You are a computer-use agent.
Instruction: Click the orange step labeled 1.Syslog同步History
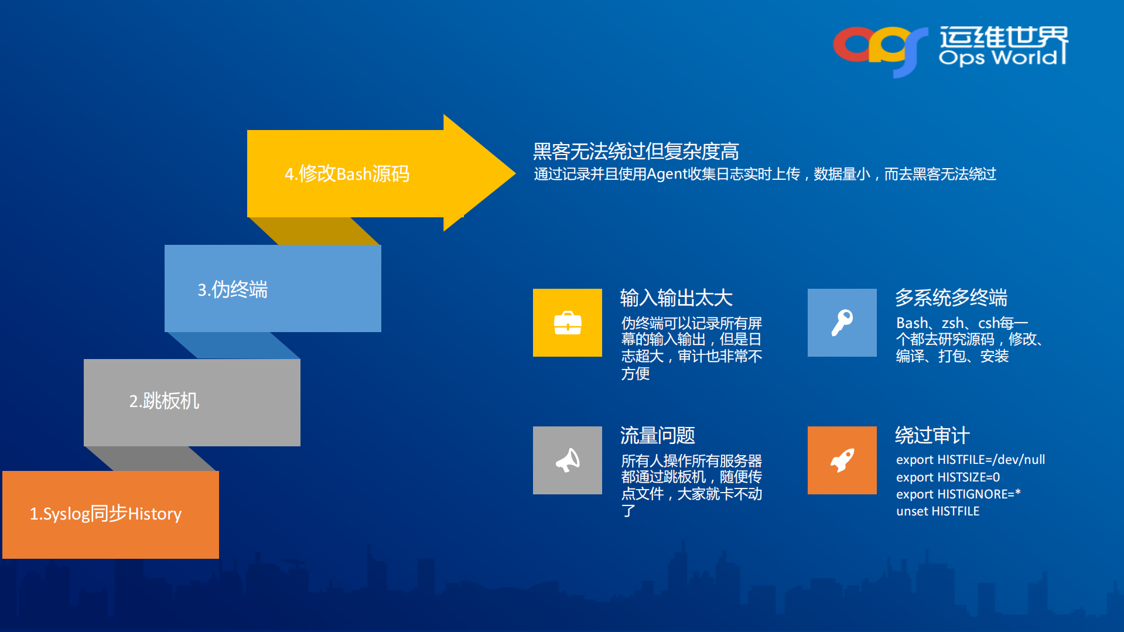click(x=111, y=514)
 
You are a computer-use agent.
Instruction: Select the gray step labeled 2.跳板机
click(x=192, y=402)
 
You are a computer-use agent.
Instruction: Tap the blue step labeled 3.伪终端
click(x=272, y=289)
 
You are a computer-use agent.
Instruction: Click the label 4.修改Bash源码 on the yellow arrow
click(x=347, y=174)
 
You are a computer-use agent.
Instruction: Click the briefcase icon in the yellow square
click(x=567, y=323)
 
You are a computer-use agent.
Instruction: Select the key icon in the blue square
click(x=842, y=323)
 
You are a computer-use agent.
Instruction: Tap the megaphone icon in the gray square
click(x=567, y=460)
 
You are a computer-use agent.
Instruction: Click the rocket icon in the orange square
click(x=842, y=460)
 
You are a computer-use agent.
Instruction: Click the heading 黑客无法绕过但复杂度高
click(x=636, y=151)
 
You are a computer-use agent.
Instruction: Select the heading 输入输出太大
click(x=676, y=298)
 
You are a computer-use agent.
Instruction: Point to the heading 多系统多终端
click(x=951, y=298)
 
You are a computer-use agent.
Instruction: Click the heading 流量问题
click(x=657, y=436)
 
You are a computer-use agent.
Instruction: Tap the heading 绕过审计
click(x=932, y=436)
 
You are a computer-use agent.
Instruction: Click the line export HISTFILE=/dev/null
click(x=970, y=460)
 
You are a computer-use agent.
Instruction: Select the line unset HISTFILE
click(x=937, y=511)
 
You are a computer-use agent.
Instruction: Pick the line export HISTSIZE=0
click(x=948, y=477)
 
